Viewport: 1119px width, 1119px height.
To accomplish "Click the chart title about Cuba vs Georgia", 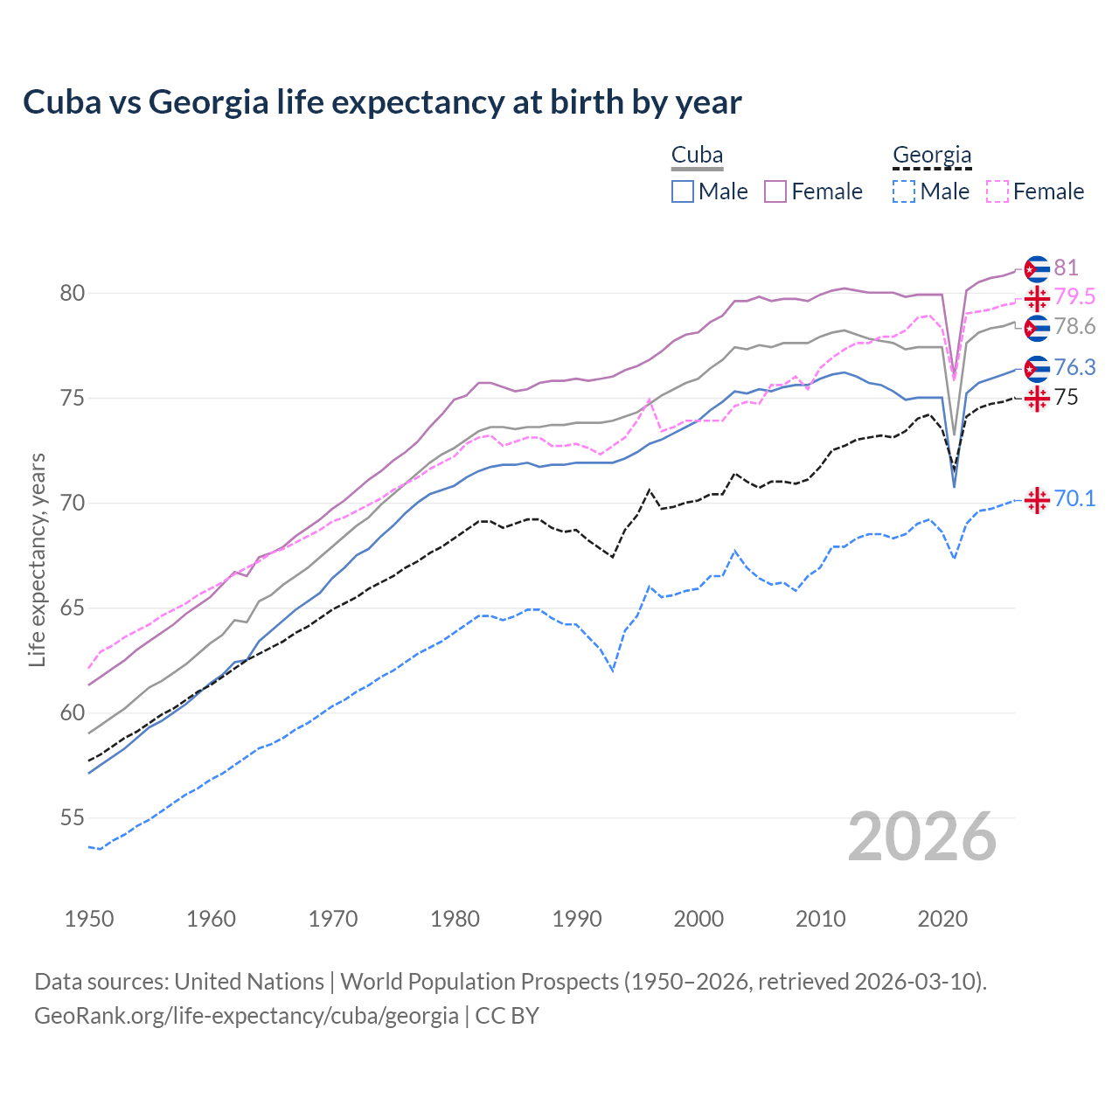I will point(382,102).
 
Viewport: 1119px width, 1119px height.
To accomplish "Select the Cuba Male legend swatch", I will point(683,191).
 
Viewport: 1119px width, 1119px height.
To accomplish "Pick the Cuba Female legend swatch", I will point(775,191).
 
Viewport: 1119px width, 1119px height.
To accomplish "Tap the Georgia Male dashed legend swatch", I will point(904,191).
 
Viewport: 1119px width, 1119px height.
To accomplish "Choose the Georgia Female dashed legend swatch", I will point(997,191).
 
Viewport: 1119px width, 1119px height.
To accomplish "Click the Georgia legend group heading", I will point(932,156).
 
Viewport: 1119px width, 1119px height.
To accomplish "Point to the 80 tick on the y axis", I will point(73,293).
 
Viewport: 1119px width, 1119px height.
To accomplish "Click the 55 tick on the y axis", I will point(73,818).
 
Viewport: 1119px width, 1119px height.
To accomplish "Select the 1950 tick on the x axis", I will point(89,919).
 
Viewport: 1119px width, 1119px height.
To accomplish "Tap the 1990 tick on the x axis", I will point(577,919).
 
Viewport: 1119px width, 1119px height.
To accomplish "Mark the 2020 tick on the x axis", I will point(942,919).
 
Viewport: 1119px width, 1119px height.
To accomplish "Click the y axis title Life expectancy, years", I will point(38,559).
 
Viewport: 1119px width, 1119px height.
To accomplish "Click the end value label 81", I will point(1066,268).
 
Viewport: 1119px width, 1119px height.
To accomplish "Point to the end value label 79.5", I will point(1074,297).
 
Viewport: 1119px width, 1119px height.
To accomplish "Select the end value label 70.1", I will point(1074,498).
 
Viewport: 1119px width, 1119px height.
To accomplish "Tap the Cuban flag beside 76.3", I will point(1037,369).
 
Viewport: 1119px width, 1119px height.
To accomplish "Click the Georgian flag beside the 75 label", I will point(1037,399).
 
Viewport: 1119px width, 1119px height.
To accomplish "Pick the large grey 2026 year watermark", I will point(922,837).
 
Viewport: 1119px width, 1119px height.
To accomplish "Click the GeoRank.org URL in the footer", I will point(247,1016).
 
